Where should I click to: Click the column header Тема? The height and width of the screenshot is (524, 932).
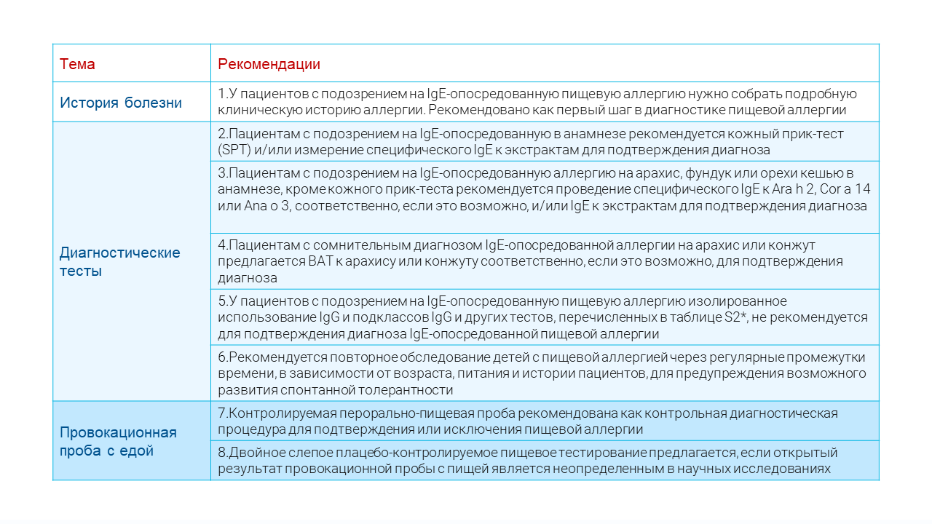coord(77,64)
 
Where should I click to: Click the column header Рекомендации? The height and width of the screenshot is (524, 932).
coord(269,64)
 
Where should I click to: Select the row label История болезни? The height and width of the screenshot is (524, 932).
coord(121,103)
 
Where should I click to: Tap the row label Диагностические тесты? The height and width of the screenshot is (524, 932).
coord(120,262)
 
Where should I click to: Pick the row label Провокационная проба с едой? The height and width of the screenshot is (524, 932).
coord(118,441)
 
